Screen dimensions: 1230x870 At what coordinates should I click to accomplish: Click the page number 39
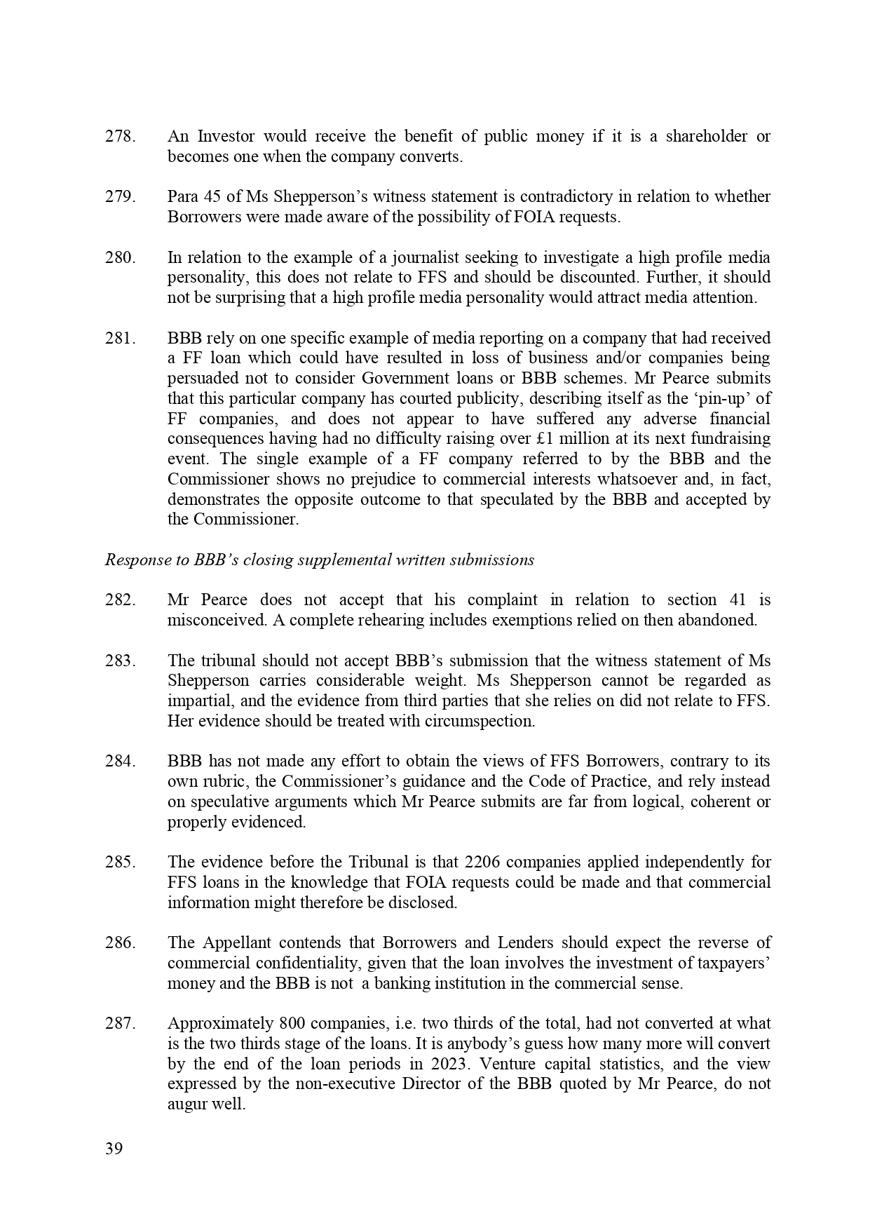(114, 1149)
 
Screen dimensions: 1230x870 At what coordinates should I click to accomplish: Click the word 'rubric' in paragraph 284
(220, 782)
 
